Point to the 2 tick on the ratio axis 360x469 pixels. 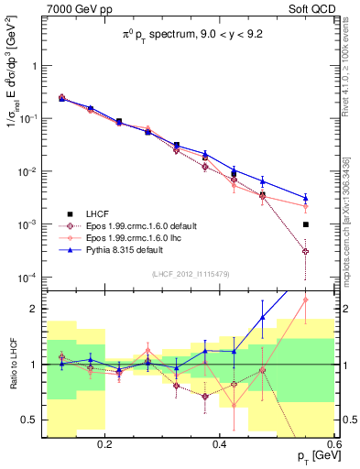pyautogui.click(x=37, y=309)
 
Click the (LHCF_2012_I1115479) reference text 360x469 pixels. pyautogui.click(x=190, y=274)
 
